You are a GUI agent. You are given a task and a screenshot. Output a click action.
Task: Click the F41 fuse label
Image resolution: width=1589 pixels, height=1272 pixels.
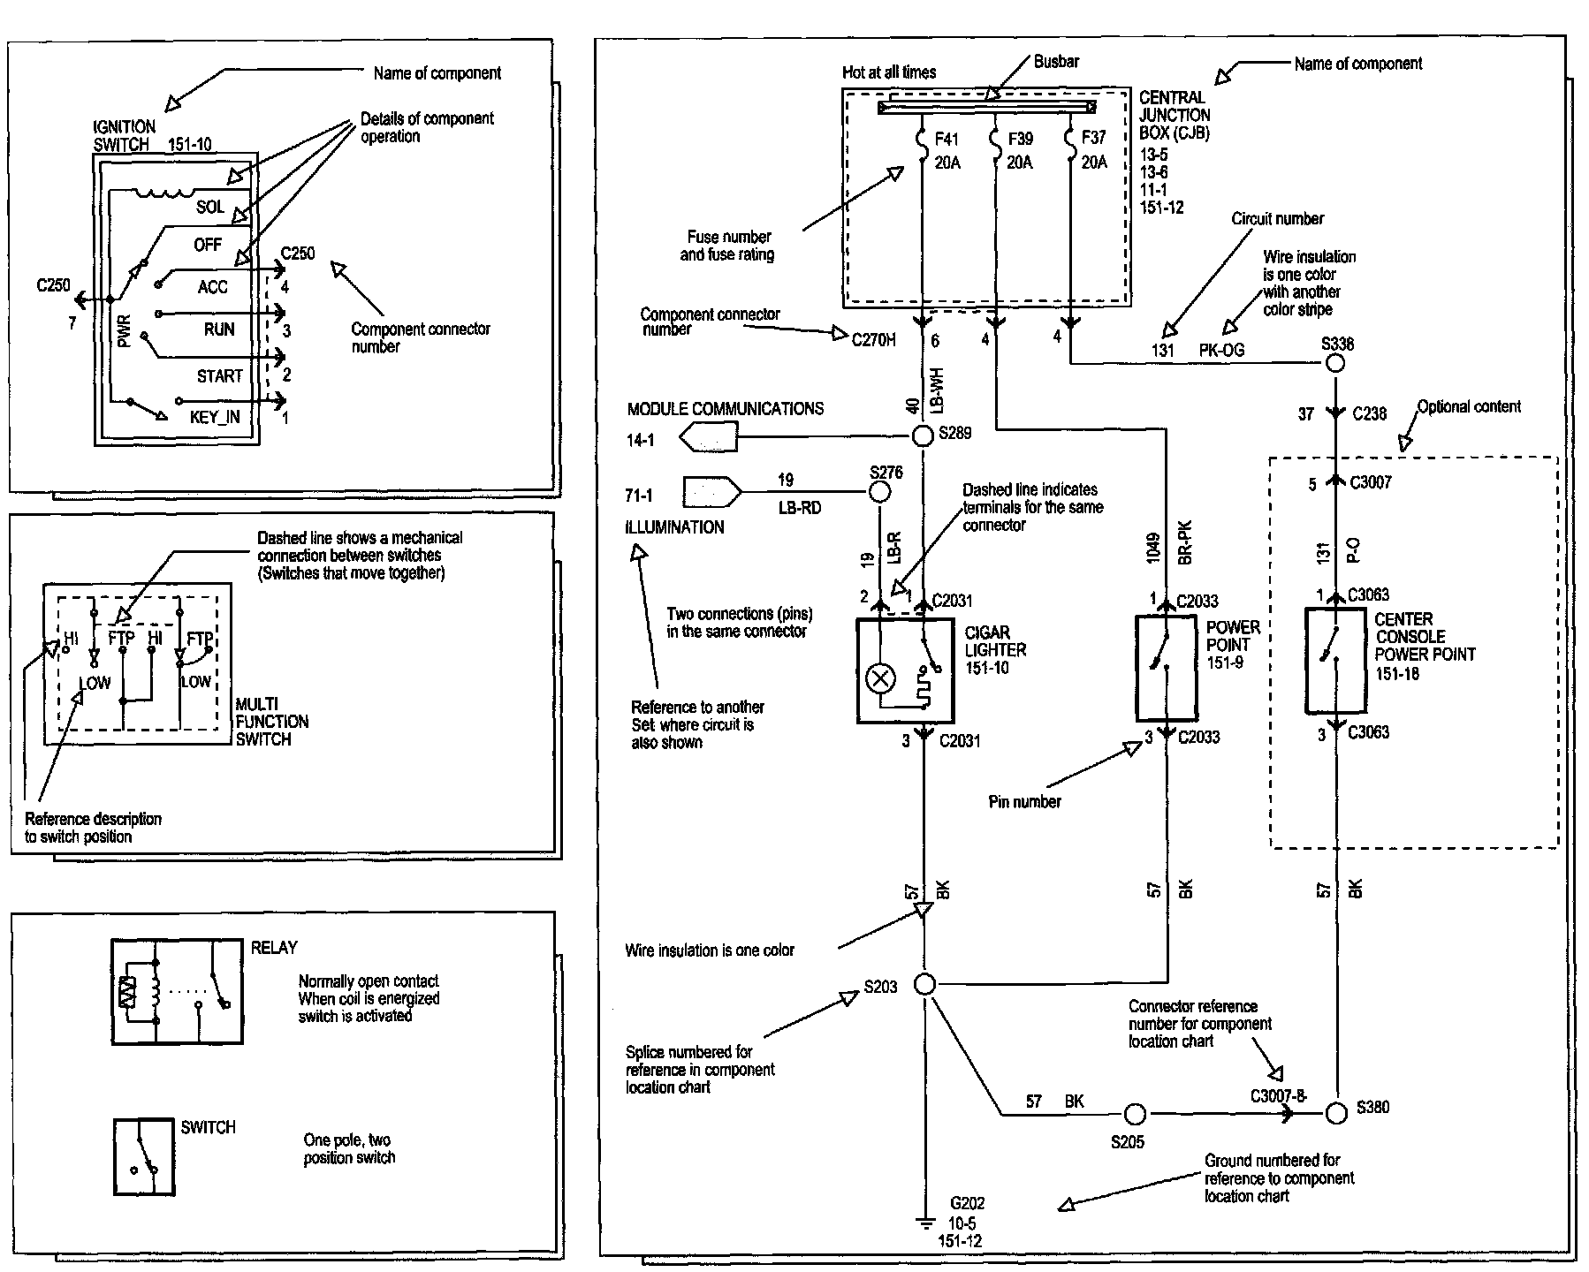pyautogui.click(x=947, y=139)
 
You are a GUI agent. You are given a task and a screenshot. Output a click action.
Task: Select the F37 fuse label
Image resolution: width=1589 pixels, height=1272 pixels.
pyautogui.click(x=1093, y=138)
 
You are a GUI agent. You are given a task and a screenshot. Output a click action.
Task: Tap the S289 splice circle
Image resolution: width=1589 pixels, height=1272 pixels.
pyautogui.click(x=923, y=435)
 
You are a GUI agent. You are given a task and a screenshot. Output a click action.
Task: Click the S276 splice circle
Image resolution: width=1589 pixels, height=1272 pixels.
pyautogui.click(x=880, y=492)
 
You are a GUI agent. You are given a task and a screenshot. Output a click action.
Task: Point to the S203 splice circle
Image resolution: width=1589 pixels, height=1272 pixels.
pyautogui.click(x=924, y=983)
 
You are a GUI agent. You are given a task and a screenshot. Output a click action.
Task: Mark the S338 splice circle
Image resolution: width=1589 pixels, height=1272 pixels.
pyautogui.click(x=1336, y=362)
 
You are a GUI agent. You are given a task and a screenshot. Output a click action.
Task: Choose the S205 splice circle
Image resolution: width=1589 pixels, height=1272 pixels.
pyautogui.click(x=1135, y=1114)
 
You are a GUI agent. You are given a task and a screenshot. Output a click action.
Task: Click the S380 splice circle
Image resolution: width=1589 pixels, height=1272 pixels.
pyautogui.click(x=1337, y=1113)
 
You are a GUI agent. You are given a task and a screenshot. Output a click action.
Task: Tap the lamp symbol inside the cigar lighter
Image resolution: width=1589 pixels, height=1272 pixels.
pyautogui.click(x=881, y=678)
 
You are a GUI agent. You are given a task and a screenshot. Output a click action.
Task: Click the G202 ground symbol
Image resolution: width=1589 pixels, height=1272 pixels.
pyautogui.click(x=924, y=1223)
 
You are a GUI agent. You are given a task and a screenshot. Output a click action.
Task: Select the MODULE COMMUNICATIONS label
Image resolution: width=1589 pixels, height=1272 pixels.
pyautogui.click(x=726, y=409)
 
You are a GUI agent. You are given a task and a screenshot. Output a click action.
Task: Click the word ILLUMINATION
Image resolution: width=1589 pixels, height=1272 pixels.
pyautogui.click(x=675, y=527)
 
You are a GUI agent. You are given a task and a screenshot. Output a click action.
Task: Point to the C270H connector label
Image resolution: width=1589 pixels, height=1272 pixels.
pyautogui.click(x=874, y=340)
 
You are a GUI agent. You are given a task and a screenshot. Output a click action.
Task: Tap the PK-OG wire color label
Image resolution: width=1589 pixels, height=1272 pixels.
pyautogui.click(x=1221, y=350)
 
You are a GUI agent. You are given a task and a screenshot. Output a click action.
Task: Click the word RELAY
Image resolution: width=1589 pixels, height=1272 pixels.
pyautogui.click(x=274, y=947)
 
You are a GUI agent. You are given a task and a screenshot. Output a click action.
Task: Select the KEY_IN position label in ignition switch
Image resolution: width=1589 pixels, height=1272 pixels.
pyautogui.click(x=215, y=417)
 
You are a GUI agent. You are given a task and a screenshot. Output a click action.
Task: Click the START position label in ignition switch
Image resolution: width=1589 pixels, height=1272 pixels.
pyautogui.click(x=219, y=376)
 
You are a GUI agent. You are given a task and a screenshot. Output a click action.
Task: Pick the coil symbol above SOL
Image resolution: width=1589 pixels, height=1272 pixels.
pyautogui.click(x=164, y=192)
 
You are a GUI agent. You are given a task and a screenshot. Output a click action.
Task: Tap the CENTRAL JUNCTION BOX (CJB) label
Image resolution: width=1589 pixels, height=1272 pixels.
pyautogui.click(x=1175, y=115)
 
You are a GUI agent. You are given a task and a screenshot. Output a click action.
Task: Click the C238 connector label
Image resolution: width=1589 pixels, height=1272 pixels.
pyautogui.click(x=1369, y=413)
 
